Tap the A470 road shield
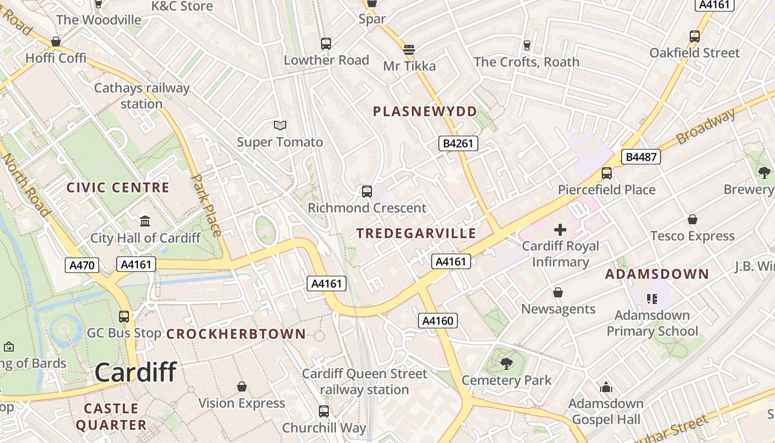82,265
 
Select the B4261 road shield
458,143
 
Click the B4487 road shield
642,157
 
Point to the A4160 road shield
437,320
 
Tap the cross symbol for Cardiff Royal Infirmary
560,229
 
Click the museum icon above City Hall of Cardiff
145,221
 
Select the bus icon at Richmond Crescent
366,192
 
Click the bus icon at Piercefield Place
607,173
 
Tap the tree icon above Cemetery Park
506,364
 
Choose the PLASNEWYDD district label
425,112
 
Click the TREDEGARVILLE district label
416,233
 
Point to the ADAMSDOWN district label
657,274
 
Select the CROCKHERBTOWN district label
236,334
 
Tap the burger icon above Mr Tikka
409,50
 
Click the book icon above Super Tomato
280,126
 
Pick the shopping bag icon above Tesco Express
692,220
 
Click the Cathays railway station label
142,96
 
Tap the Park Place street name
208,205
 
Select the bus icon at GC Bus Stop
124,317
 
